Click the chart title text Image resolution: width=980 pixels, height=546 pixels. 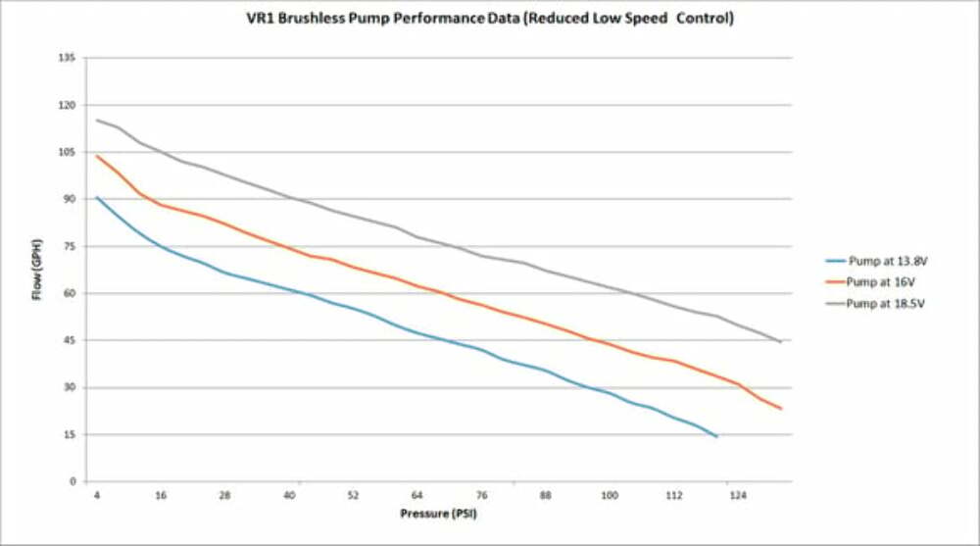tap(490, 19)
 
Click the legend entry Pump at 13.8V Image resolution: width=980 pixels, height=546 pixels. tap(886, 261)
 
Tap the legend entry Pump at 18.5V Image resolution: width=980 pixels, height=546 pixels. tap(886, 304)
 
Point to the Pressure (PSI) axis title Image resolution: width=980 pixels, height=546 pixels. tap(439, 514)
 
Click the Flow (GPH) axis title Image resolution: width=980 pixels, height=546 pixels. tap(37, 270)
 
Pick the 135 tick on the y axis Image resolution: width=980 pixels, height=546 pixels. tap(68, 58)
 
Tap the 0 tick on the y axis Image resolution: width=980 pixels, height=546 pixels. tap(73, 481)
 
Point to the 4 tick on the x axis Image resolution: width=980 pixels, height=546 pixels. tap(97, 496)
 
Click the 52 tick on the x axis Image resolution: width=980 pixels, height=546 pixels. tap(354, 496)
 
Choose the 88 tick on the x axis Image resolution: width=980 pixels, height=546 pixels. tap(546, 496)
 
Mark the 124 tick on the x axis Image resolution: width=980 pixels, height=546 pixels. tap(738, 496)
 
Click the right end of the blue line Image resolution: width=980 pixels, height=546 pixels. tap(716, 435)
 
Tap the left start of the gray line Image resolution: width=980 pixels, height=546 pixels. tap(97, 120)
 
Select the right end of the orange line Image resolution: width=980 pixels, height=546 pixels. tap(781, 408)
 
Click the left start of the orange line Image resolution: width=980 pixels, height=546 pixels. tap(97, 156)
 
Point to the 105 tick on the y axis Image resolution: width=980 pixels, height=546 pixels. tap(68, 152)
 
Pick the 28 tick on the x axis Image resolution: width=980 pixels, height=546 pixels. tap(225, 496)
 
